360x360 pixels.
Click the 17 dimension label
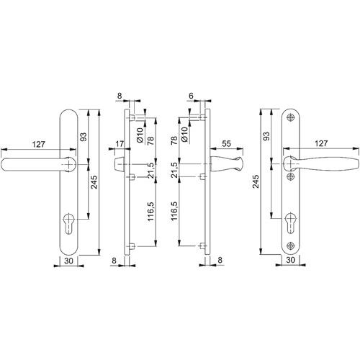pos(120,144)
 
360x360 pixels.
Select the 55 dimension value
pos(226,144)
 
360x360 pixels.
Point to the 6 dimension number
pos(191,96)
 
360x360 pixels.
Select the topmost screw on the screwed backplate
pos(291,117)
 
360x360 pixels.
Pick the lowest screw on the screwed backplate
pos(291,246)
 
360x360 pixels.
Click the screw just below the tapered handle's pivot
pos(291,176)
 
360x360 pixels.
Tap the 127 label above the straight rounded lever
pos(39,144)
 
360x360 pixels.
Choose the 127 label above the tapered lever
pos(321,143)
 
